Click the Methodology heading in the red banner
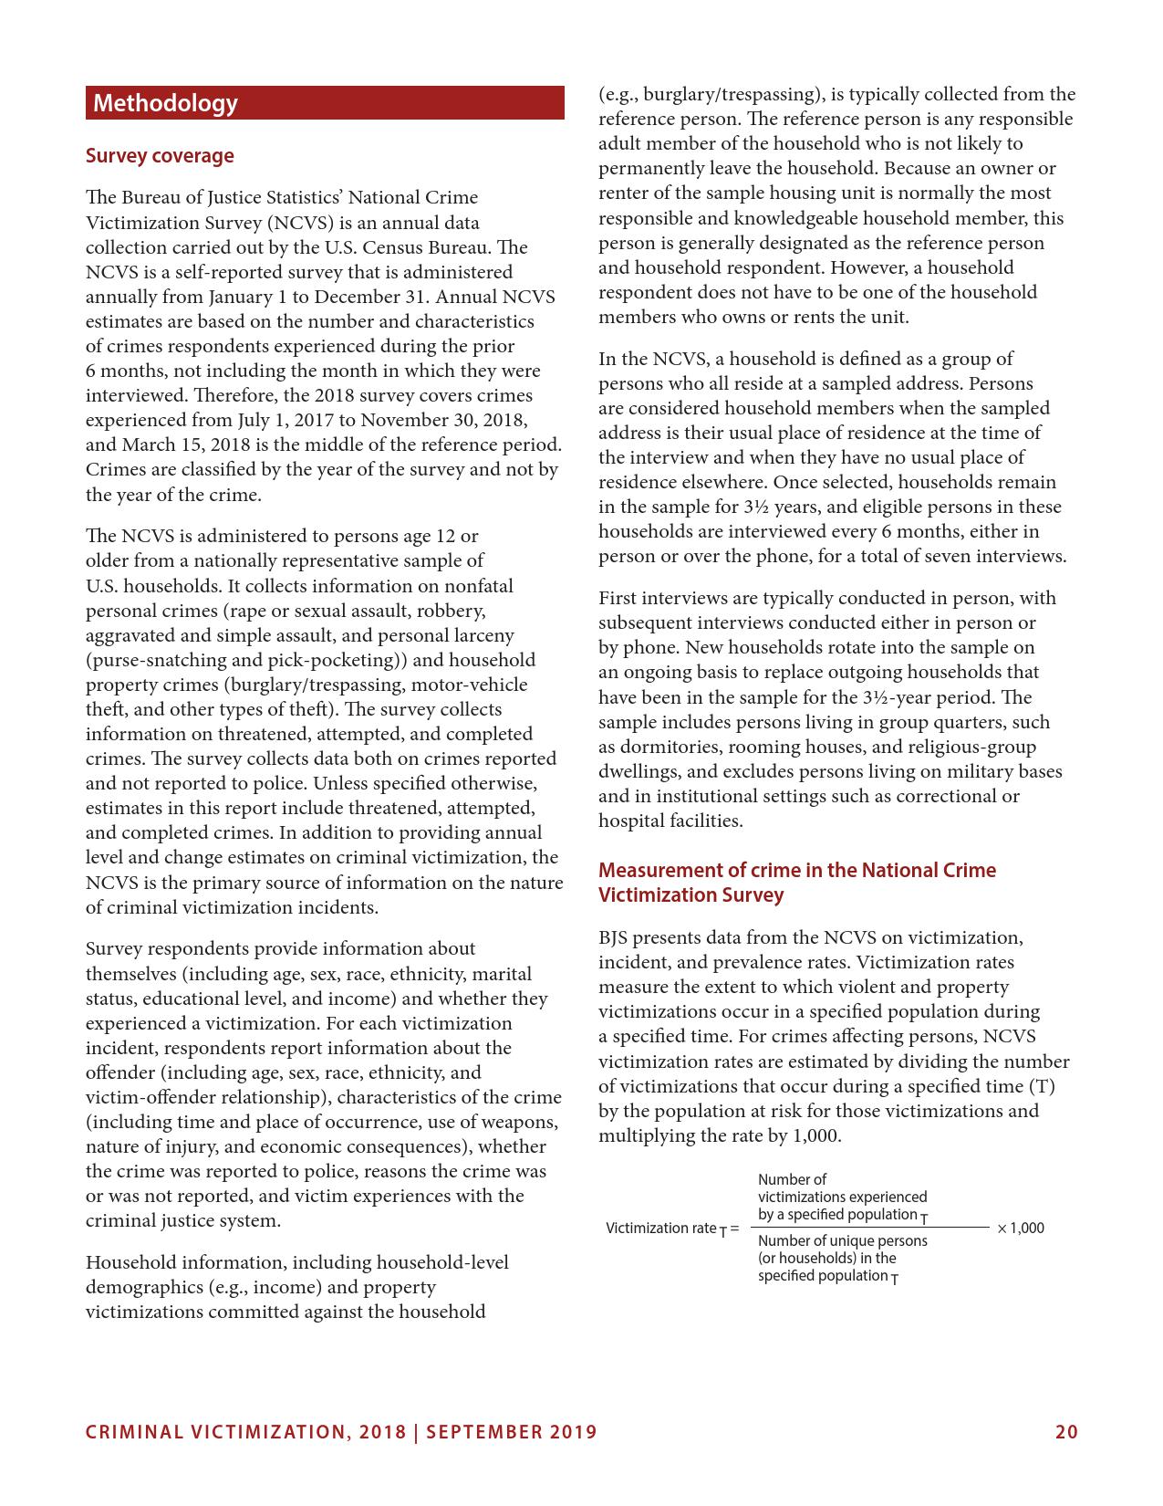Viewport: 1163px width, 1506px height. click(x=165, y=103)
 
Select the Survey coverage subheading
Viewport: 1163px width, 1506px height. click(x=160, y=156)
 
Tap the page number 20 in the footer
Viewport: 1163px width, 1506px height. click(x=1066, y=1432)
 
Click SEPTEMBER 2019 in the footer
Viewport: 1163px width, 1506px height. click(x=512, y=1432)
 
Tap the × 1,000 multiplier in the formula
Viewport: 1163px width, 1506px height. click(x=1021, y=1228)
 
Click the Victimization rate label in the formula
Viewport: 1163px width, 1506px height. click(x=661, y=1229)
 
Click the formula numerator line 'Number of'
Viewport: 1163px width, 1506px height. click(x=792, y=1179)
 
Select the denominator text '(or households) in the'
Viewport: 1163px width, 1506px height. click(x=826, y=1258)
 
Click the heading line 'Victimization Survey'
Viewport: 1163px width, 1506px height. click(x=691, y=894)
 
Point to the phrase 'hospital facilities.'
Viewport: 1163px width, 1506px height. click(x=670, y=821)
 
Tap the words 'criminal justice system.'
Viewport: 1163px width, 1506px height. click(x=183, y=1220)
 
